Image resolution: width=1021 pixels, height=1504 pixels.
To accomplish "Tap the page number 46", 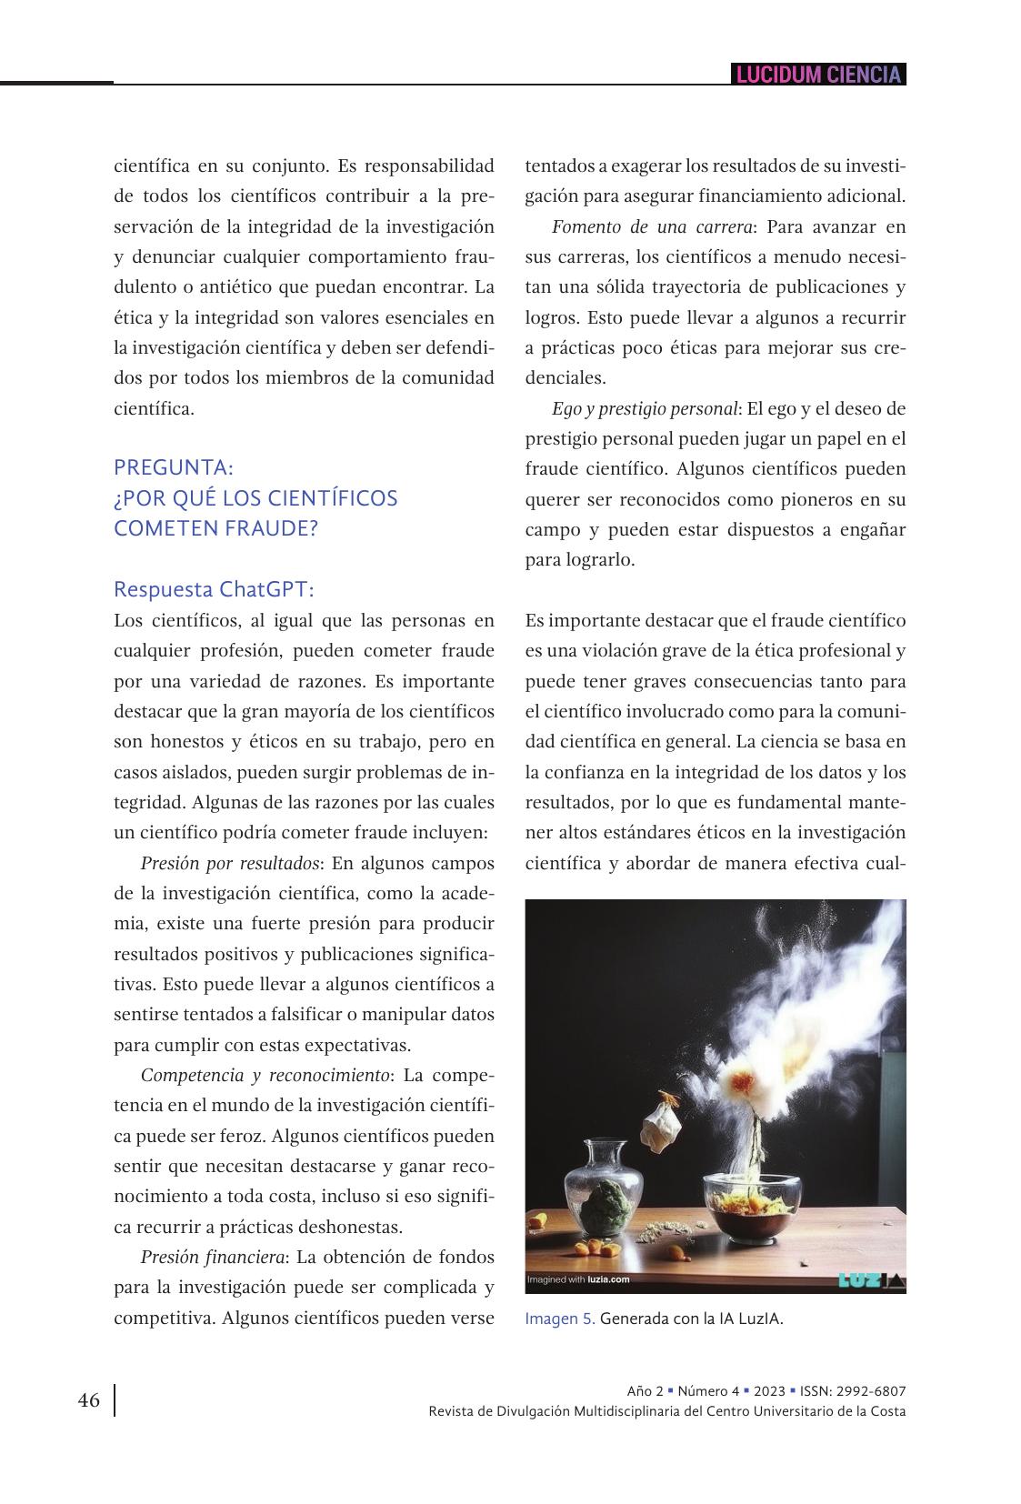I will click(x=89, y=1400).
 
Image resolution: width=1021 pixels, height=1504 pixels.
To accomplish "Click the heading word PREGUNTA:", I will click(x=174, y=467).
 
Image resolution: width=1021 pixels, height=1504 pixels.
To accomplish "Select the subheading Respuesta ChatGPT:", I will click(x=214, y=589).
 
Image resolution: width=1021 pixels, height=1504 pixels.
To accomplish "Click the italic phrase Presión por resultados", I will click(x=229, y=863).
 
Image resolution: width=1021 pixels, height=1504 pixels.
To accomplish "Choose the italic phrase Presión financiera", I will click(x=214, y=1258).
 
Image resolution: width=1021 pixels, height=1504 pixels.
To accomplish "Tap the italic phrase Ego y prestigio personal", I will click(x=645, y=408).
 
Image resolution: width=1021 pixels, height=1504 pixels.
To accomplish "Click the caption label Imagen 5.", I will click(x=560, y=1319).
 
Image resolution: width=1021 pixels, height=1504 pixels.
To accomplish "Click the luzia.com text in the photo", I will click(x=608, y=1280).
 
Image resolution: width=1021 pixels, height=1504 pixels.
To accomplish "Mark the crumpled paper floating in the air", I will click(x=662, y=1128).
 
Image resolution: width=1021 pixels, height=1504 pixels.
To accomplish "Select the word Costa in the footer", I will click(x=886, y=1411).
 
